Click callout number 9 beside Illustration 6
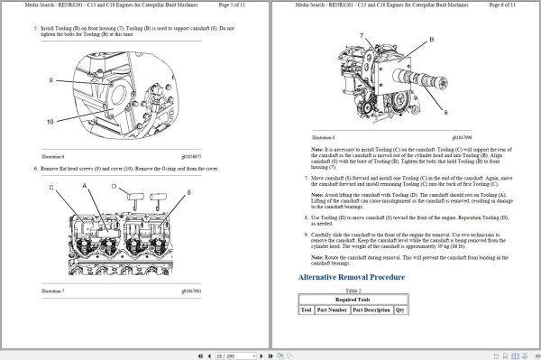point(51,81)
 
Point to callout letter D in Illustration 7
point(115,187)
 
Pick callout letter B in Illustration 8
point(431,40)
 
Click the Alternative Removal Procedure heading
point(351,277)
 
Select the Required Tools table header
point(353,299)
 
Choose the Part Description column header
point(371,309)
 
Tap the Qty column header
point(401,309)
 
